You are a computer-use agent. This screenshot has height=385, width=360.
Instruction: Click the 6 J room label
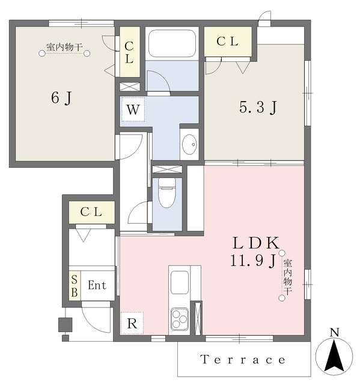point(61,98)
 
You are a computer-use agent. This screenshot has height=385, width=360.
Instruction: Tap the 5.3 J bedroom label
point(258,108)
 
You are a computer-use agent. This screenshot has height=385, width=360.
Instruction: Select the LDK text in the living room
point(256,243)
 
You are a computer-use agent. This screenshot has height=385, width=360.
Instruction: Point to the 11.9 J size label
point(254,260)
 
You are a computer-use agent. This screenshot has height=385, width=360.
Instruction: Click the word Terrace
point(243,360)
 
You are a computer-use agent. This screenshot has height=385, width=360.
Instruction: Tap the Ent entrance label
point(97,285)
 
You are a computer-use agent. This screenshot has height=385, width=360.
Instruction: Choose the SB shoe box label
point(75,286)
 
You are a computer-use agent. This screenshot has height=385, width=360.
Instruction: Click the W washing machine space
point(133,109)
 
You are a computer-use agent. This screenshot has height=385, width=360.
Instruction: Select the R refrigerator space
point(132,324)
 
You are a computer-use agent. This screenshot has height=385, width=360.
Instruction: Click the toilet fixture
point(166,193)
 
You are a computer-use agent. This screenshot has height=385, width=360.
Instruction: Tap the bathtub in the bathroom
point(172,43)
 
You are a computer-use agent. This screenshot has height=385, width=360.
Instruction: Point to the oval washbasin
point(189,144)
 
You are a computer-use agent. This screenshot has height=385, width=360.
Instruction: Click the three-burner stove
point(180,318)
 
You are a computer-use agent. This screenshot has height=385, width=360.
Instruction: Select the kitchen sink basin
point(180,282)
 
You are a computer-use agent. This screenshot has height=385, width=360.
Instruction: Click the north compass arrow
point(334,355)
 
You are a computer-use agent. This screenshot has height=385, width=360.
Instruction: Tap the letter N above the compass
point(335,332)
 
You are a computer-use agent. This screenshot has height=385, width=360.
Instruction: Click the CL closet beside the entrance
point(92,212)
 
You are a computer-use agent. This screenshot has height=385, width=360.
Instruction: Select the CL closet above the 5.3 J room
point(228,42)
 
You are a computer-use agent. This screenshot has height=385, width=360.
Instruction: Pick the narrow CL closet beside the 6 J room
point(129,52)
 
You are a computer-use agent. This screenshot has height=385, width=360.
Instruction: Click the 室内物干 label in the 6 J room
point(64,47)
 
